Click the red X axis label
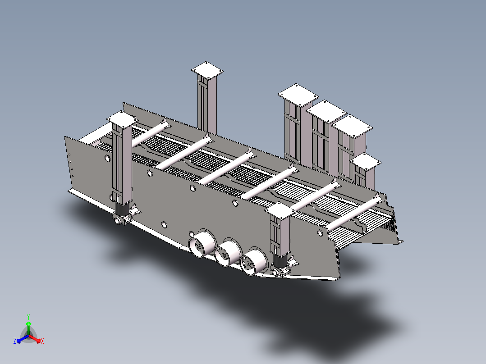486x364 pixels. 42,341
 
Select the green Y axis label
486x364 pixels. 28,317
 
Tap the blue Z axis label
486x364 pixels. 15,341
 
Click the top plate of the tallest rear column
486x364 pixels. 207,70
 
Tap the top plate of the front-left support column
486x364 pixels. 121,119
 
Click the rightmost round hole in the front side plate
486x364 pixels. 320,233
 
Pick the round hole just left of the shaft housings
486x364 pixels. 164,224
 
